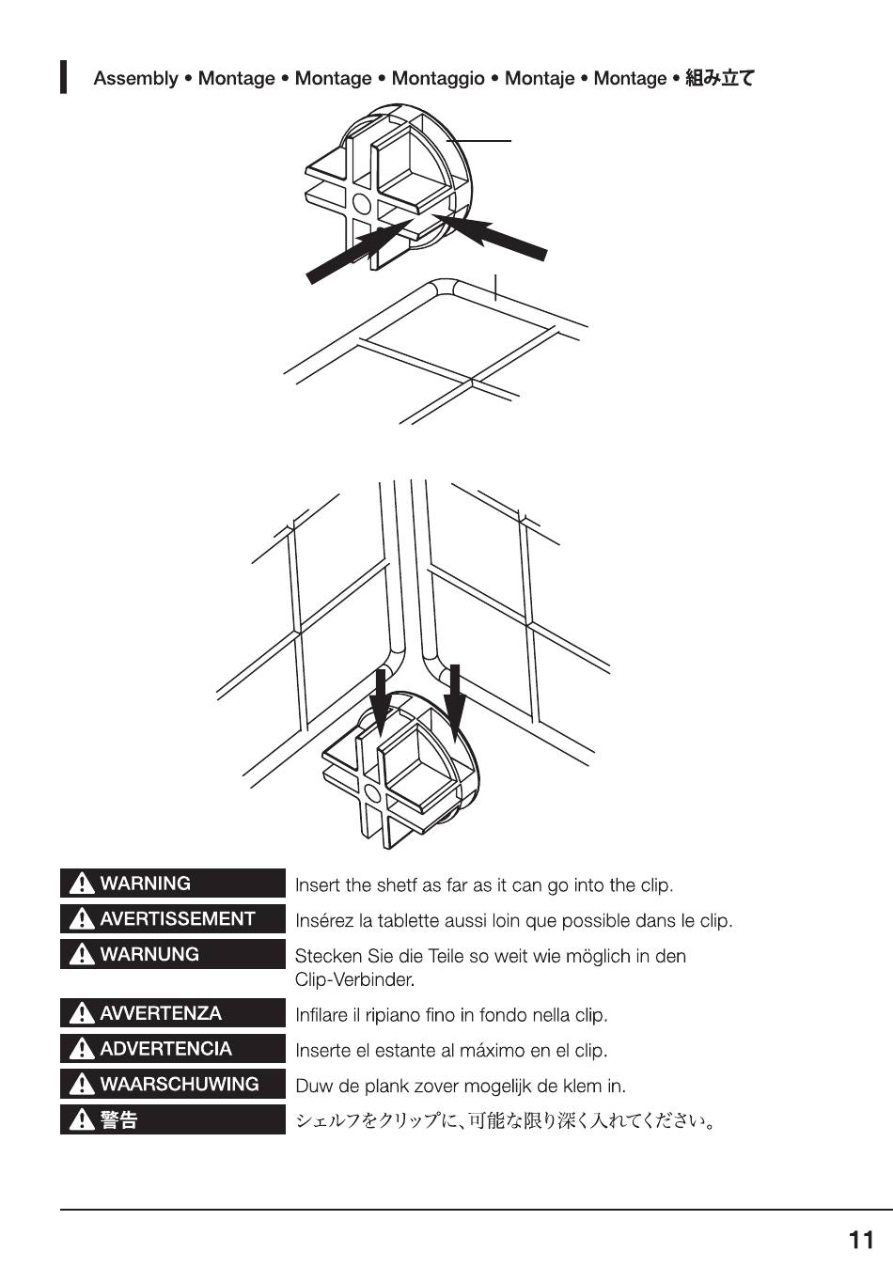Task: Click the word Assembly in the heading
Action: [x=135, y=79]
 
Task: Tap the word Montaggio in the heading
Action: [x=437, y=79]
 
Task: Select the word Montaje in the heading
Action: [x=539, y=79]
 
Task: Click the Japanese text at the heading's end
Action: [x=719, y=79]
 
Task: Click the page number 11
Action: [x=861, y=1241]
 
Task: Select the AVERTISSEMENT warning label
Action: [x=172, y=919]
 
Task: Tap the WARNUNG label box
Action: [x=172, y=954]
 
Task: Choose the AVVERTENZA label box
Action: [x=172, y=1013]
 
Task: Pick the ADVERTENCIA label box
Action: [x=172, y=1049]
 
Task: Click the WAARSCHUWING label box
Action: [x=172, y=1084]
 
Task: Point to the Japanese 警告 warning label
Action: [x=172, y=1119]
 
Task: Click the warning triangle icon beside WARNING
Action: [x=82, y=884]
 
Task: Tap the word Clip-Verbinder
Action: [x=353, y=980]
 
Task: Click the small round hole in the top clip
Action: [x=360, y=204]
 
